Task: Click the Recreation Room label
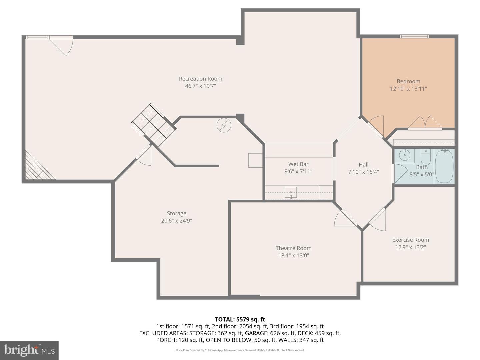click(200, 79)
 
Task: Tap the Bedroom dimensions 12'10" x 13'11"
click(408, 89)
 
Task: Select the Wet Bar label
click(298, 164)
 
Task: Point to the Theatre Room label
click(293, 248)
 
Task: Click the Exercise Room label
click(410, 240)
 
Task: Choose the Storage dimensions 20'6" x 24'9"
click(176, 221)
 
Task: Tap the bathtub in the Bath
click(444, 166)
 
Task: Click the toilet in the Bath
click(426, 156)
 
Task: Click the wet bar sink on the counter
click(291, 192)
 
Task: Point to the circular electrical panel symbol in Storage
click(224, 125)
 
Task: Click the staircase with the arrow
click(153, 124)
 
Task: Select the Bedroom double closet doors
click(425, 122)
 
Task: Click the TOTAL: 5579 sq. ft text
click(240, 319)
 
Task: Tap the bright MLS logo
click(29, 350)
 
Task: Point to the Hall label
click(363, 164)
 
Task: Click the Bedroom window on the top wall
click(414, 36)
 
